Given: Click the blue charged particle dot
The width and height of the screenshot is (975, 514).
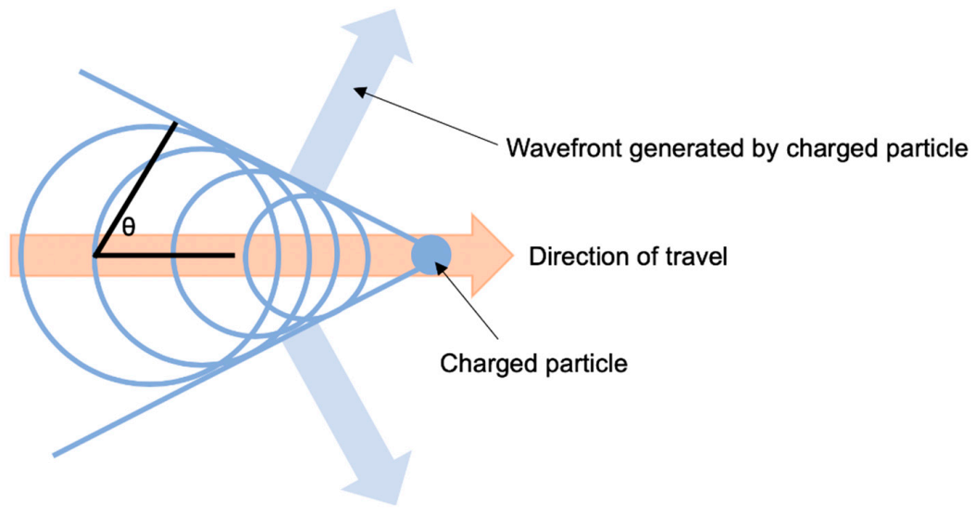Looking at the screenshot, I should click(x=431, y=254).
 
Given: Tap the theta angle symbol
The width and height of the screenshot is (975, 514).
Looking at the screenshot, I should click(x=129, y=227).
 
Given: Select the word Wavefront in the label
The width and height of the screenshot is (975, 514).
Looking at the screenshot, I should click(x=553, y=147).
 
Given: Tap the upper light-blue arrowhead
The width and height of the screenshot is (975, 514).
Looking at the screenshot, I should click(x=397, y=37).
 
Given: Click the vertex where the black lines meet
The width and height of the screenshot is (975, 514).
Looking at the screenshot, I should click(x=96, y=254).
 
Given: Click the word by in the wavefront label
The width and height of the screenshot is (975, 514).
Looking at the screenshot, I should click(x=736, y=147).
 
